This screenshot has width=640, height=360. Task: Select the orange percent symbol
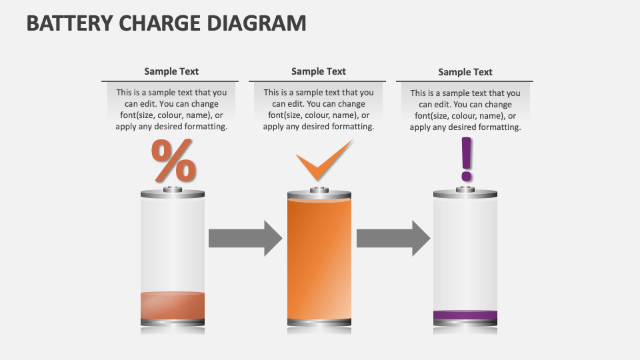click(174, 161)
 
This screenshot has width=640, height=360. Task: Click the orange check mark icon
click(323, 161)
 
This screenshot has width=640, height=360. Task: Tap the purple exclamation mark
click(466, 159)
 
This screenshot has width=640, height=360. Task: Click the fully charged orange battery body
click(319, 260)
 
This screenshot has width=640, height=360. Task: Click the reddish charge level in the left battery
click(173, 305)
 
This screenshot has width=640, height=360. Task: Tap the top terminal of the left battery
click(173, 190)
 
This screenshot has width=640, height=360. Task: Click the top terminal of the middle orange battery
click(319, 191)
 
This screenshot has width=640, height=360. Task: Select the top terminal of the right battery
click(465, 190)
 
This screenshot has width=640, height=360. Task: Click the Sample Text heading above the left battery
click(171, 71)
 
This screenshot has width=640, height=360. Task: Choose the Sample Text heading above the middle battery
click(319, 71)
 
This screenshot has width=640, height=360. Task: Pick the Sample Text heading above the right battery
click(465, 72)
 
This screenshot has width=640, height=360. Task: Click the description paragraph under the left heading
click(171, 109)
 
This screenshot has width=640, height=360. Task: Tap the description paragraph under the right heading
click(465, 110)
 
